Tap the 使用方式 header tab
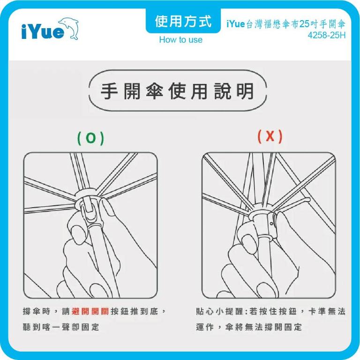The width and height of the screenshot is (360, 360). coord(183,21)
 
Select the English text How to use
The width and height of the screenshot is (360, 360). coord(180,40)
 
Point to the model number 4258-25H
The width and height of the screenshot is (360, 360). coord(327,36)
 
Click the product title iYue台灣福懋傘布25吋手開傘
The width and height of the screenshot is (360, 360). coord(285,24)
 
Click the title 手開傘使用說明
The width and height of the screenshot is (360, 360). coord(177,91)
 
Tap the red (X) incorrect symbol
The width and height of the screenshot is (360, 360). coord(270,136)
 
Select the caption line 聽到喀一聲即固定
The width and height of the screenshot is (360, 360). coord(61,327)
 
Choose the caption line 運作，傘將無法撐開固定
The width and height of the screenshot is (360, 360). coord(248,327)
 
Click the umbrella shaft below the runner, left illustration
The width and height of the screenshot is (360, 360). coord(96,253)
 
